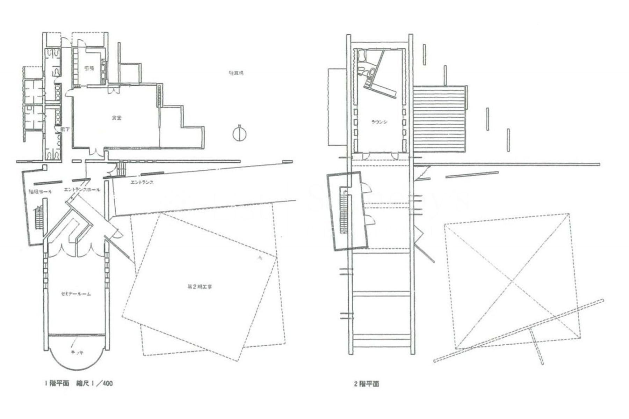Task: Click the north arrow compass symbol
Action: (x=240, y=134)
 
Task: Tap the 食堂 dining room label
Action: (x=116, y=118)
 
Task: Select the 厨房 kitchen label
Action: (x=89, y=68)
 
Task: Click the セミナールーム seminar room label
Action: (x=76, y=294)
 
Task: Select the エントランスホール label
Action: (x=82, y=190)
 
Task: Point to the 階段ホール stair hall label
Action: (x=40, y=192)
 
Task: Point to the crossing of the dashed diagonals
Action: (x=512, y=281)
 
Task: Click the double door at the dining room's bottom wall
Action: (x=95, y=153)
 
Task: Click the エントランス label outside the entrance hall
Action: (x=142, y=182)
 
